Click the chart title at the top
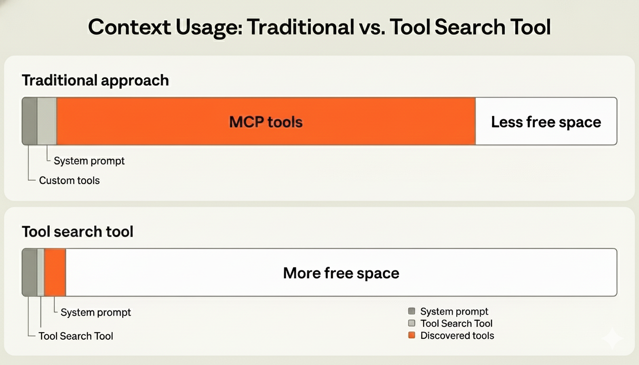[319, 27]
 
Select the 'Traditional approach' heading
[95, 80]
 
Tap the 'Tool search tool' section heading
[77, 231]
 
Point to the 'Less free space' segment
[546, 122]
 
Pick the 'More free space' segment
[341, 273]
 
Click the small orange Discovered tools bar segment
[55, 272]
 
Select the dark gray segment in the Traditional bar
[29, 121]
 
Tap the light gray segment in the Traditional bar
[47, 121]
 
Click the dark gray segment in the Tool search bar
[29, 272]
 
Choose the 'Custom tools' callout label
[69, 181]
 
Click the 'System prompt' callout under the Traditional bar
[89, 161]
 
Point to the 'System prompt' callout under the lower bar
[96, 312]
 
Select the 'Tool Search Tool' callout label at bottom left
[76, 336]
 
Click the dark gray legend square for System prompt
[412, 311]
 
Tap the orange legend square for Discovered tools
[412, 336]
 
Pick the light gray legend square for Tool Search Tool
[412, 324]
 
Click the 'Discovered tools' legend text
[457, 336]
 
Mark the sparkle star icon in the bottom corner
[612, 338]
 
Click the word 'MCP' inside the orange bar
[246, 122]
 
